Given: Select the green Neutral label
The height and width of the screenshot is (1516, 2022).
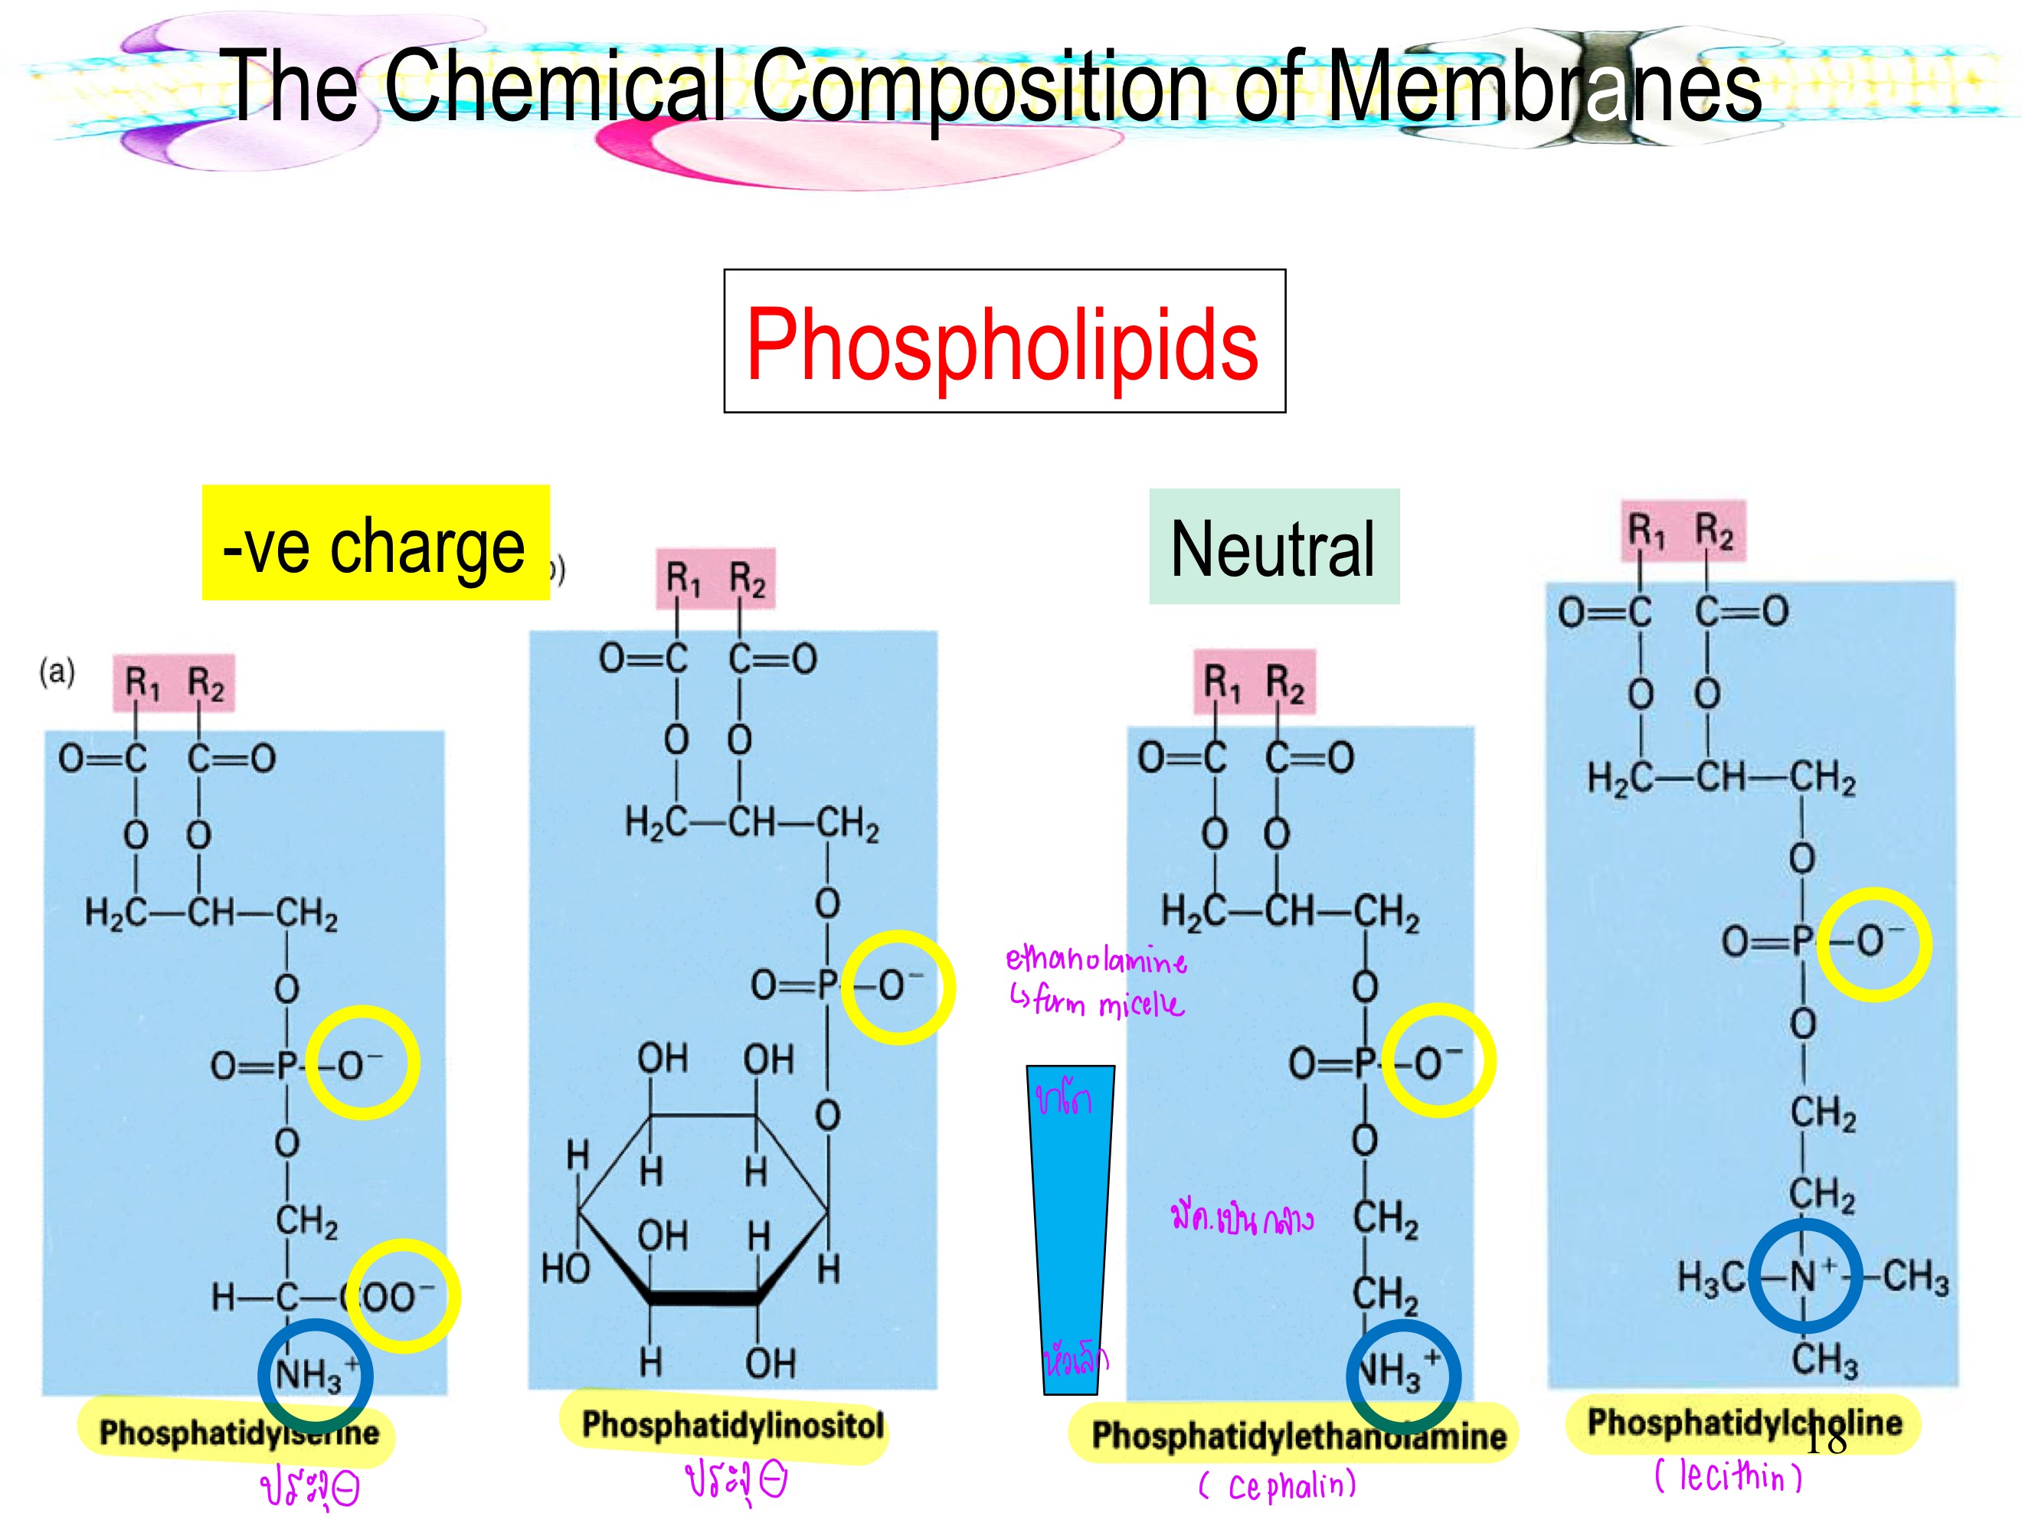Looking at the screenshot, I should (1274, 547).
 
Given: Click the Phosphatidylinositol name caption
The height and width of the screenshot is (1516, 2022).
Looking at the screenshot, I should (732, 1425).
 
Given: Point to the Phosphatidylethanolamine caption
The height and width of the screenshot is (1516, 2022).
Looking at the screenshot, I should (1298, 1436).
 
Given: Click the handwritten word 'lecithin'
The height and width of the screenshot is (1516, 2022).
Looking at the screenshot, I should (1728, 1478).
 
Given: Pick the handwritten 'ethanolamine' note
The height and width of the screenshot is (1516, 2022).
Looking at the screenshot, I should (1096, 960).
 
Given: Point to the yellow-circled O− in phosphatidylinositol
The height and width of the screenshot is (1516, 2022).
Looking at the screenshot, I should (898, 987).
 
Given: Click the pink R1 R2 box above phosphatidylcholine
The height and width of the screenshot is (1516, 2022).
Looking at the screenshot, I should (1683, 531).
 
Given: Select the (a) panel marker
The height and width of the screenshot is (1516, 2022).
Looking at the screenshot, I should (57, 672).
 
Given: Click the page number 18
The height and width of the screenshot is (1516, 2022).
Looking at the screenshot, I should (1825, 1441).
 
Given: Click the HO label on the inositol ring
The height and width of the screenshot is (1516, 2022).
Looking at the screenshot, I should (565, 1269).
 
